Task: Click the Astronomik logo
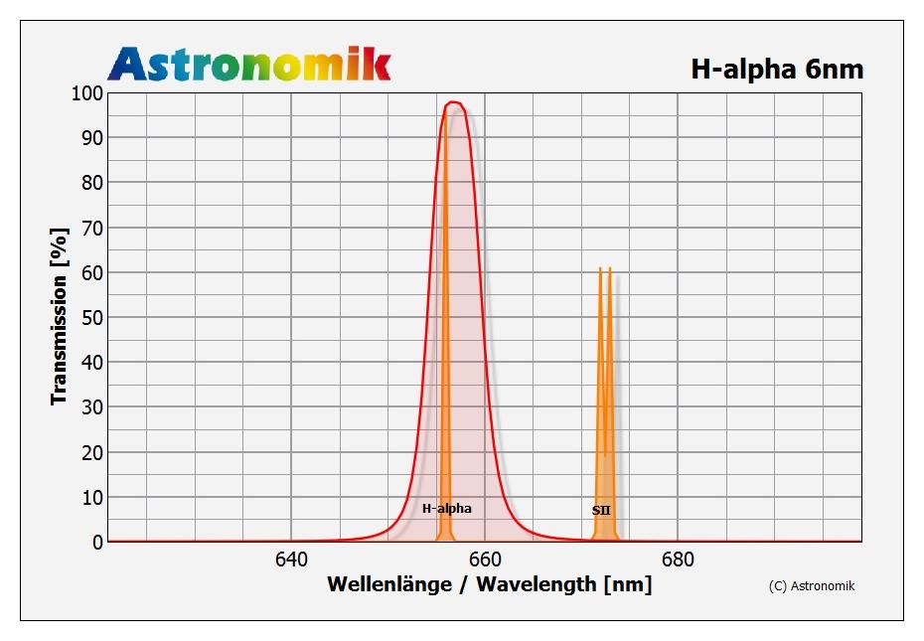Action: coord(249,64)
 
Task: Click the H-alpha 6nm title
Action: coord(777,69)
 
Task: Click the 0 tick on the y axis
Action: coord(95,542)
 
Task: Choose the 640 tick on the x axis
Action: coord(291,560)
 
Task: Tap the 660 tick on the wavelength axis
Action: coord(485,560)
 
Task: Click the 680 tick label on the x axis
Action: coord(678,560)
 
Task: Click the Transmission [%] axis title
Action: coord(60,317)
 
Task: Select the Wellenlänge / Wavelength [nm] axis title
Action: coord(489,583)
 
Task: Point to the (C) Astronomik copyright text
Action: coord(811,585)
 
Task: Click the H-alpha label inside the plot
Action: coord(447,509)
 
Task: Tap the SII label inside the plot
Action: coord(601,511)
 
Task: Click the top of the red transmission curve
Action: coord(454,101)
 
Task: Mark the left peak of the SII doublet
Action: coord(600,268)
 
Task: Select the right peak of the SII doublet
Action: coord(609,268)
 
